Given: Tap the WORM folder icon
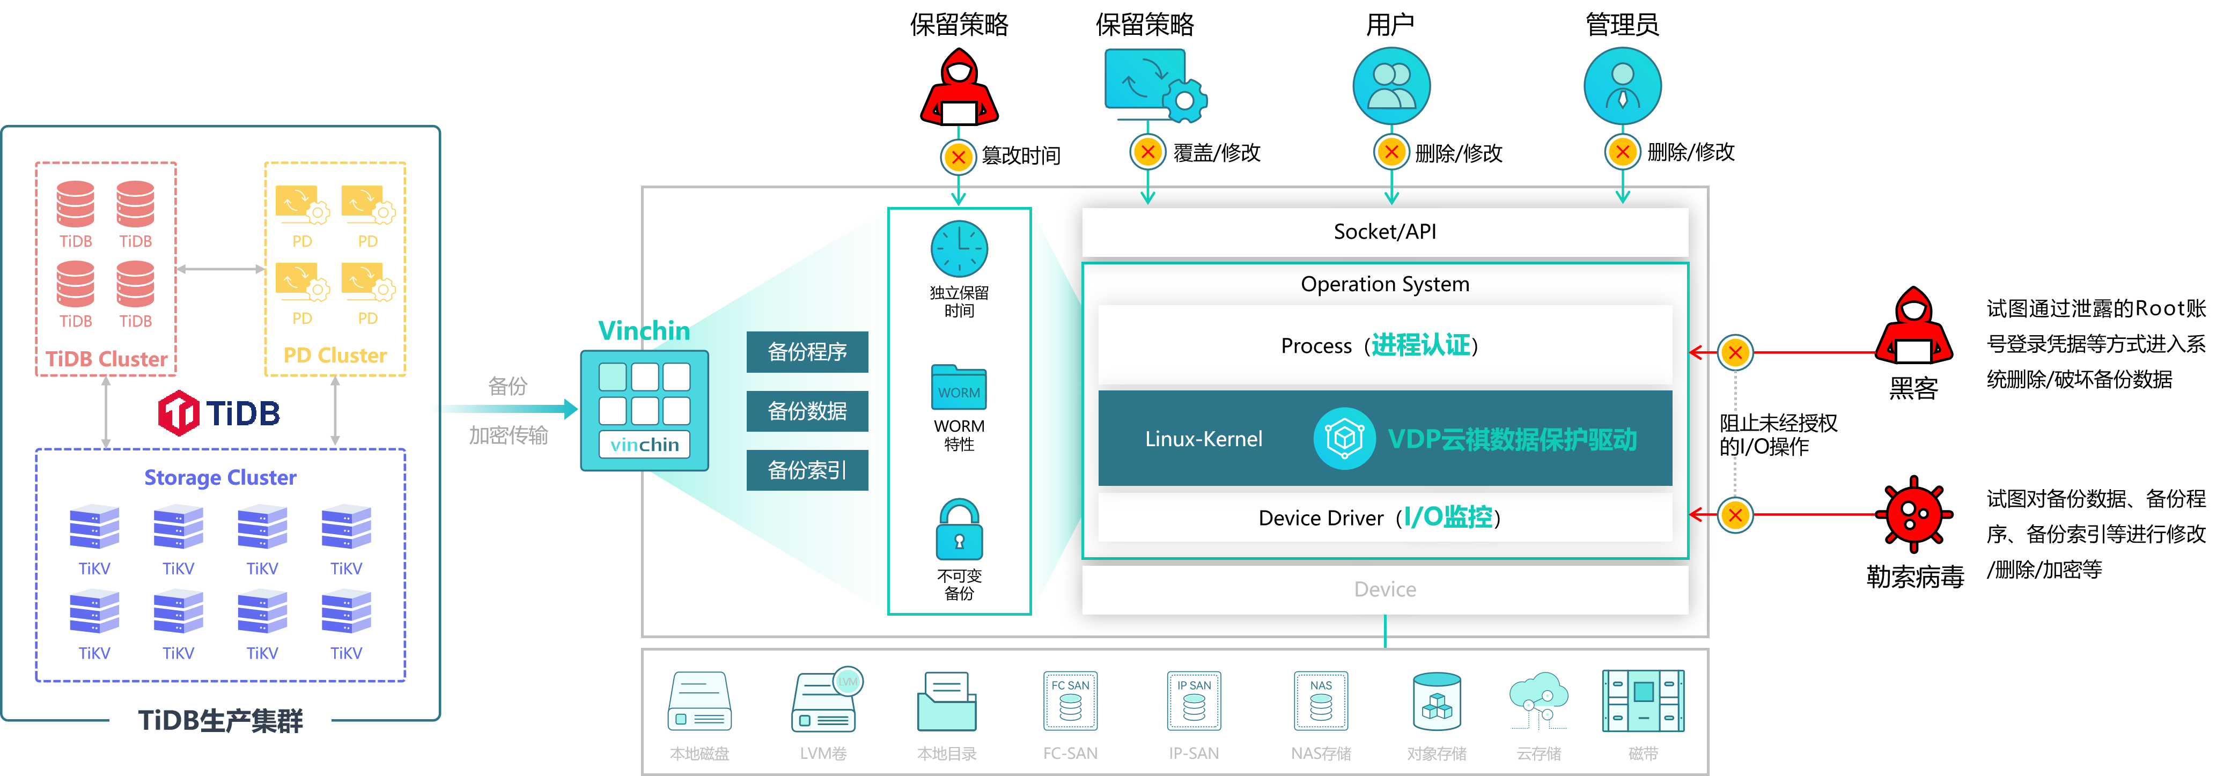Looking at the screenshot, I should click(959, 388).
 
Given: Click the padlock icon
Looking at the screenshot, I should click(959, 529).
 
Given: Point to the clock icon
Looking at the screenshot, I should click(959, 249).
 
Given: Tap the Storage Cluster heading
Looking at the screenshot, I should click(220, 477).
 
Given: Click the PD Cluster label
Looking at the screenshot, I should click(335, 356).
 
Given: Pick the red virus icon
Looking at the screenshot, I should click(1914, 514).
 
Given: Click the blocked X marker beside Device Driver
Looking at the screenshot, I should click(1734, 515).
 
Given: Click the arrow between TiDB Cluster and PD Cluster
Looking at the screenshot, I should click(220, 269).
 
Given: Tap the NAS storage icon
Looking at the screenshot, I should click(1320, 701).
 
